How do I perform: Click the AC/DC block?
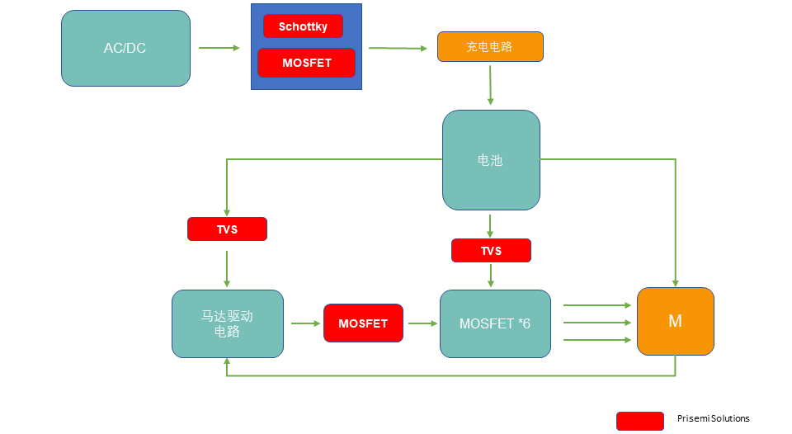(x=125, y=48)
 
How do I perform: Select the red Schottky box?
(x=303, y=26)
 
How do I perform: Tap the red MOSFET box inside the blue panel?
(x=306, y=63)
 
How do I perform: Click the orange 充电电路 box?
(x=490, y=47)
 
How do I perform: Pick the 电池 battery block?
(x=491, y=160)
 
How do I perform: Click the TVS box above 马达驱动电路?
(x=227, y=229)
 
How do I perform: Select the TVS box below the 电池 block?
(x=491, y=251)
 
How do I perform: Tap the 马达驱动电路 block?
(x=227, y=323)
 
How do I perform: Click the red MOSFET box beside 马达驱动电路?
(x=363, y=323)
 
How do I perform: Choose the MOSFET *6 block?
(x=495, y=323)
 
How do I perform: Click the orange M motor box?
(x=675, y=321)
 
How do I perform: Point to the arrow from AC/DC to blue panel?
(x=219, y=48)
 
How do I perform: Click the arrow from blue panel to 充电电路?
(x=402, y=48)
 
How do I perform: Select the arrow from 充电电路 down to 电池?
(x=490, y=84)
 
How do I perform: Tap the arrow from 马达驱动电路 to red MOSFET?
(x=305, y=323)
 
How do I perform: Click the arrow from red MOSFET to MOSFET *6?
(x=422, y=323)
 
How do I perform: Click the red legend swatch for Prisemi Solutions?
(x=639, y=421)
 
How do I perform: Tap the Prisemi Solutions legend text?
(x=713, y=419)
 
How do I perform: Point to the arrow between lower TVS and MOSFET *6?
(x=491, y=276)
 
